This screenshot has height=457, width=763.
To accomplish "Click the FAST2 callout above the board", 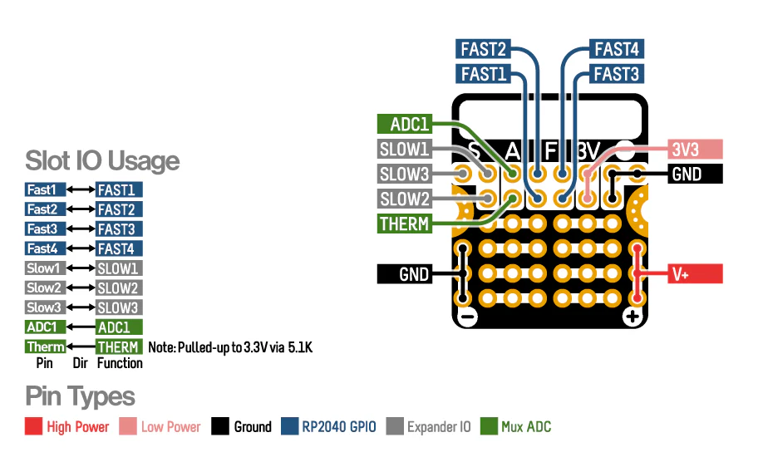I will point(483,49).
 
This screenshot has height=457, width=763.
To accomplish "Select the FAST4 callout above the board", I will point(617,49).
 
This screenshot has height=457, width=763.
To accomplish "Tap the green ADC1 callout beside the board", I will point(404,125).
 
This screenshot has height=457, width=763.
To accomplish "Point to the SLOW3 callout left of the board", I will point(404,174).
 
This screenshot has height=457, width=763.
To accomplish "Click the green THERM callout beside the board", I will point(404,224).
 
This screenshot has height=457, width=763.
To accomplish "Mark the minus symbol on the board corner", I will point(466,317).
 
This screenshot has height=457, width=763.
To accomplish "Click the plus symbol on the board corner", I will point(633,317).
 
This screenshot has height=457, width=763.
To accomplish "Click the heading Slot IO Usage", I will point(102,160).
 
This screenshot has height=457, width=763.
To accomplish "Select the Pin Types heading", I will point(80,396).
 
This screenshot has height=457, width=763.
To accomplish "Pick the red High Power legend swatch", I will point(33,427).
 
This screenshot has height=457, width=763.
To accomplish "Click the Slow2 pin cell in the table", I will point(45,288).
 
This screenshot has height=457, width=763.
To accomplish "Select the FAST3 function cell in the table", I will point(119,229).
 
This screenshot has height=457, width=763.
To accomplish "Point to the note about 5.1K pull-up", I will point(229,347).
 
